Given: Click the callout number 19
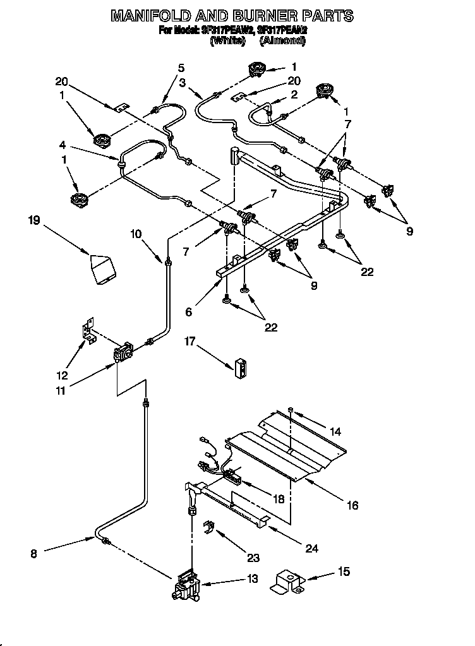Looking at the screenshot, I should click(34, 220).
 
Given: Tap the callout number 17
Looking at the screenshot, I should click(189, 343).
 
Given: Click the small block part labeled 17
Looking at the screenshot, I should click(240, 368).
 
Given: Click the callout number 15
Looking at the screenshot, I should click(343, 572).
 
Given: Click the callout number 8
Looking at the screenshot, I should click(34, 554).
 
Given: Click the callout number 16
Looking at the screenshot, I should click(352, 505).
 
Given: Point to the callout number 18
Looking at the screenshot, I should click(277, 498).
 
